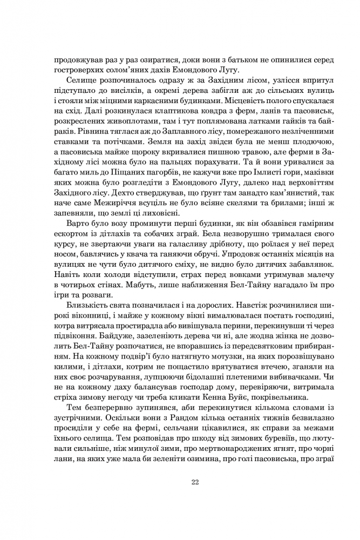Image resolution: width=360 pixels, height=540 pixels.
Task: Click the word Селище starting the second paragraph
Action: (80, 79)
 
